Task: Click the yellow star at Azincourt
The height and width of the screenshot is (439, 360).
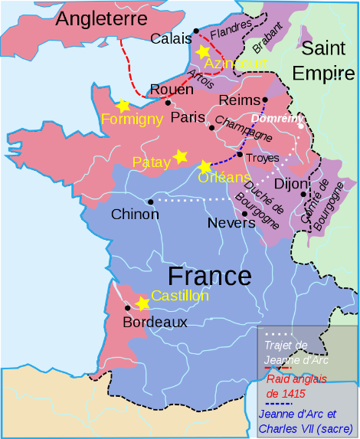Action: click(x=203, y=51)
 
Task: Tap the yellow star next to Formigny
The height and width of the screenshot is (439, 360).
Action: click(x=122, y=105)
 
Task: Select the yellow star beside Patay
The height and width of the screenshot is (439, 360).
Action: click(x=181, y=156)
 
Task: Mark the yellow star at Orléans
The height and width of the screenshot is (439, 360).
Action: click(x=205, y=166)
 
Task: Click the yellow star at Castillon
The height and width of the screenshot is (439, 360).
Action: click(x=142, y=303)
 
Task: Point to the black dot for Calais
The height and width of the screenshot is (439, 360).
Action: click(x=196, y=31)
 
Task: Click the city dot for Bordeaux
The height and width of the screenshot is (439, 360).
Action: click(x=127, y=308)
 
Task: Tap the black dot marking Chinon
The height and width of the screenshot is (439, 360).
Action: click(x=151, y=201)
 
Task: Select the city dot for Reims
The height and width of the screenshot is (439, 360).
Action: click(x=265, y=100)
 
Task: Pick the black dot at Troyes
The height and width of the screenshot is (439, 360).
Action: click(x=240, y=155)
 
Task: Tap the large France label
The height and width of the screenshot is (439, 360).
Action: click(x=209, y=276)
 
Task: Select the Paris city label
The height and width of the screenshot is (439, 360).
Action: click(x=188, y=117)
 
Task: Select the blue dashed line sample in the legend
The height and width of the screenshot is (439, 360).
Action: click(x=278, y=403)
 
